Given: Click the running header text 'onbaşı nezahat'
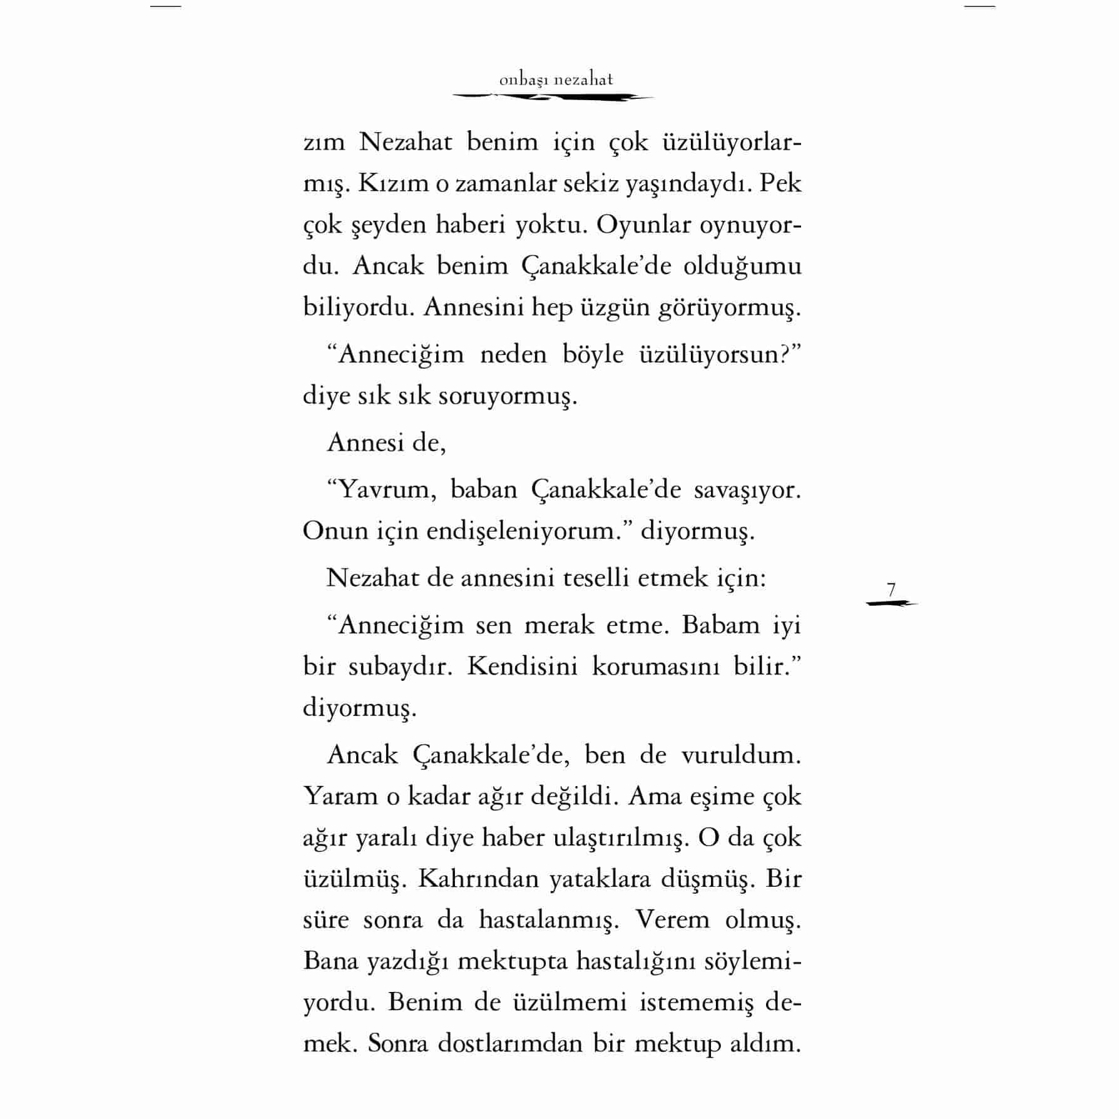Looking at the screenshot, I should [x=556, y=80].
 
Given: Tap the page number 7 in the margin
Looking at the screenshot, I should [x=891, y=590].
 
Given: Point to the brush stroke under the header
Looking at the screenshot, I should [x=553, y=98].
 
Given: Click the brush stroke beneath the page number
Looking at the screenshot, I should [x=891, y=604].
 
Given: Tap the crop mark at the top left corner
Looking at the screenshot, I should [x=166, y=6].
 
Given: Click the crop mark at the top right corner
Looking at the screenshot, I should [x=979, y=6].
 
